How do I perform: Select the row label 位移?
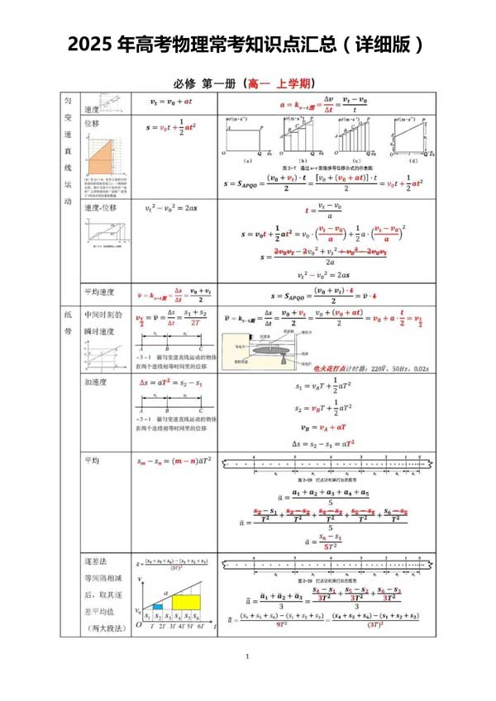[x=91, y=124]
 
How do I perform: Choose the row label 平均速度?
[x=98, y=292]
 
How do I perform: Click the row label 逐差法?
[x=95, y=559]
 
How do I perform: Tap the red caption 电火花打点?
[x=327, y=370]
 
